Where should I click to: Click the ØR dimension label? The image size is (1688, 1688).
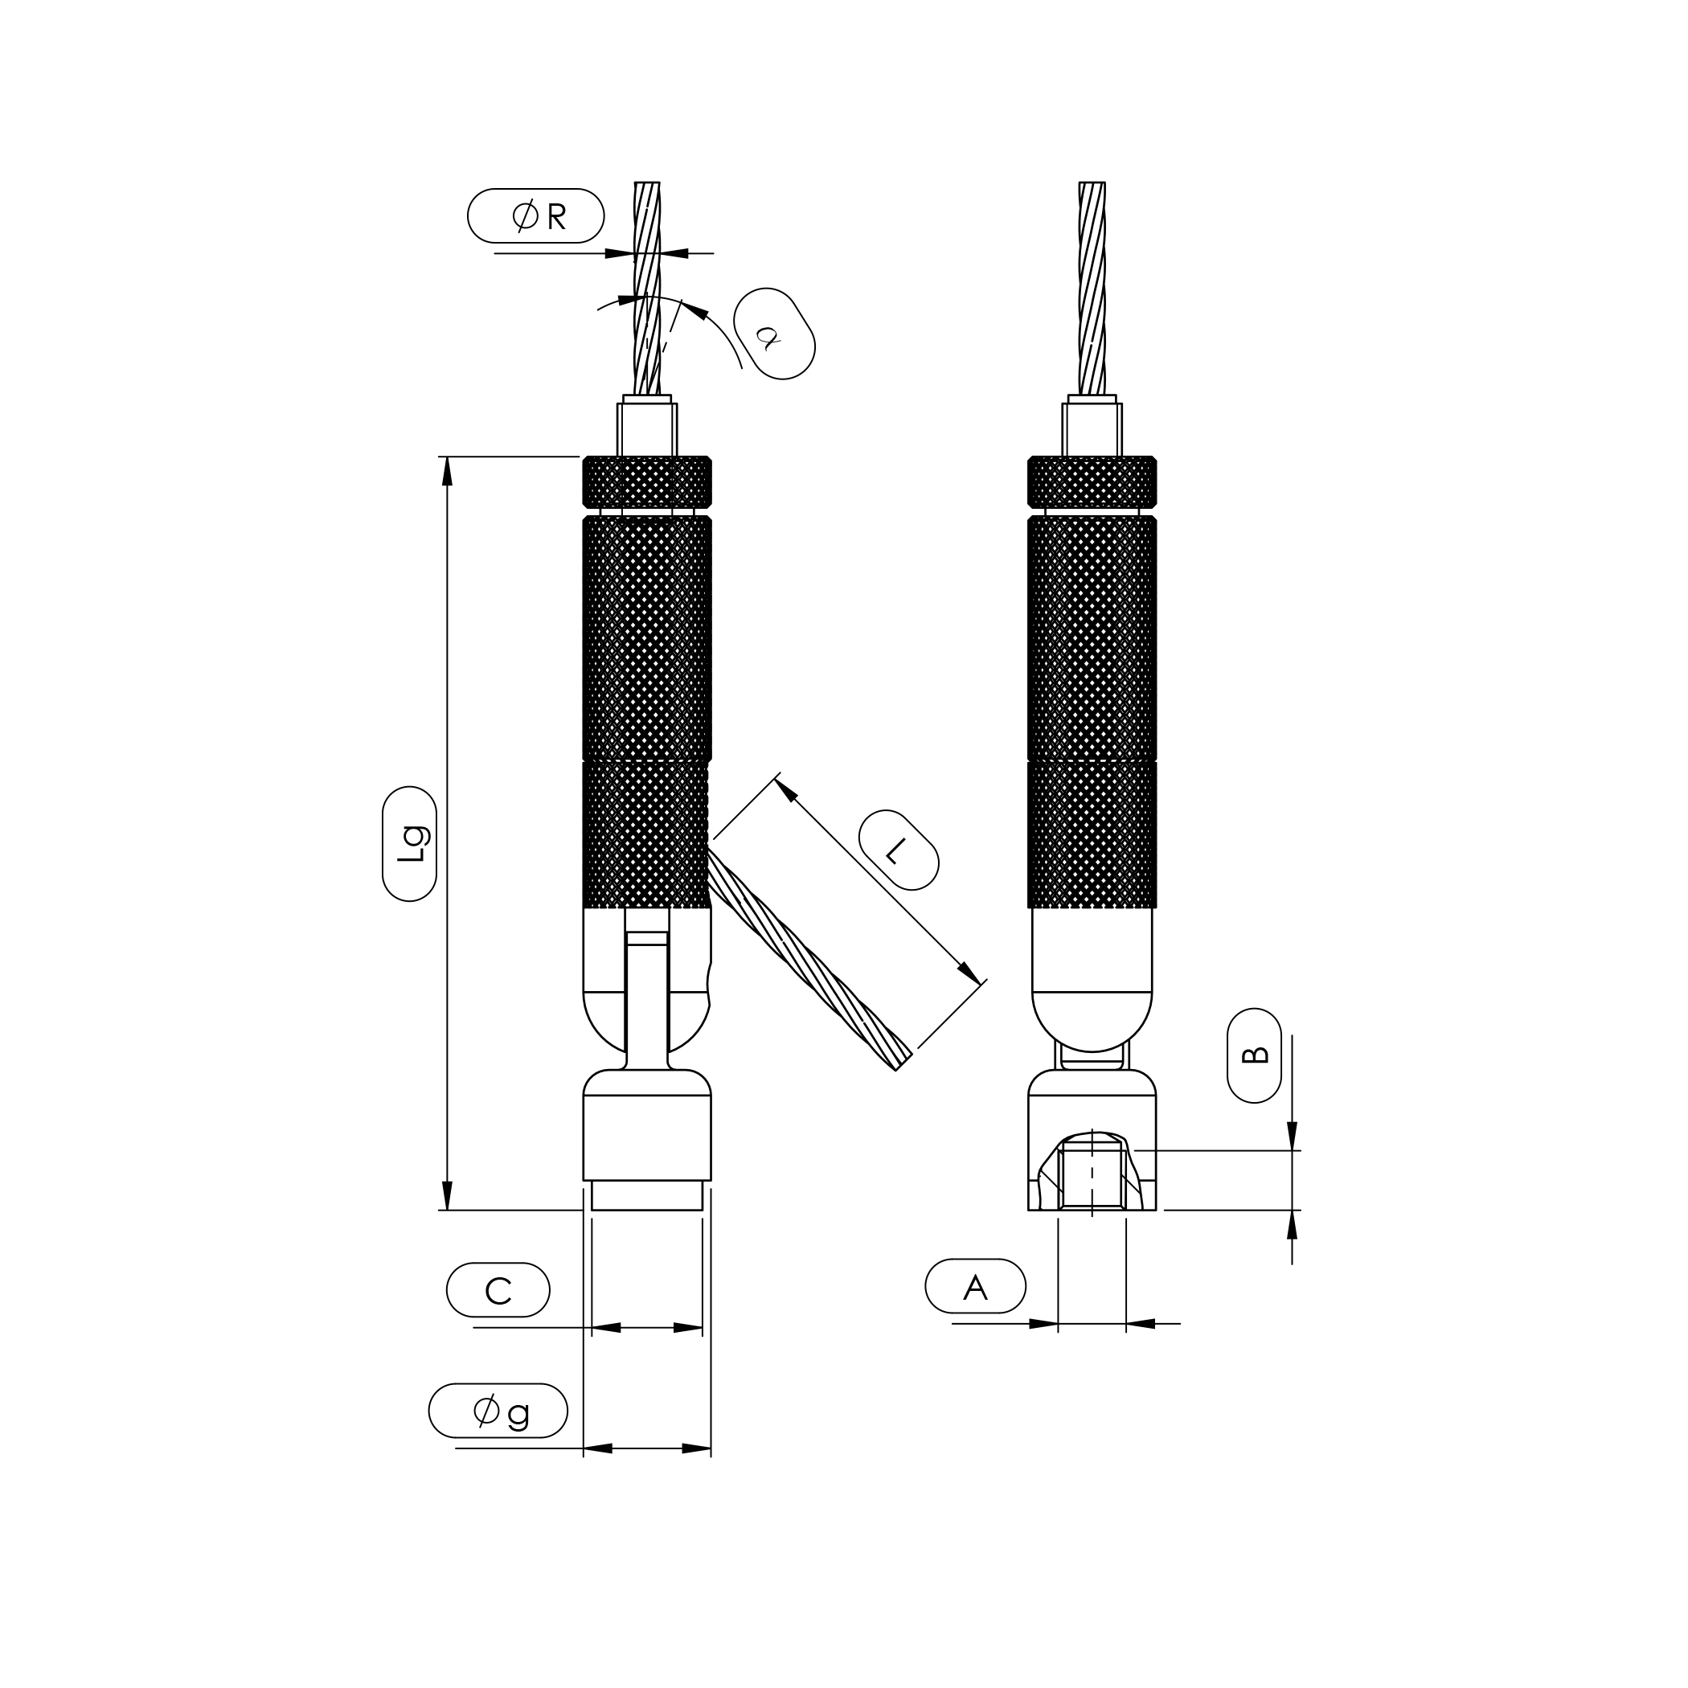click(x=535, y=215)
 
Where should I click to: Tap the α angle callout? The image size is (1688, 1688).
click(x=774, y=334)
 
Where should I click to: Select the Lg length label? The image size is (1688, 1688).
click(x=410, y=843)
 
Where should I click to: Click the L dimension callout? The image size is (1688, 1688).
click(x=898, y=850)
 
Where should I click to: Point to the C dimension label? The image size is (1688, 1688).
click(x=498, y=1289)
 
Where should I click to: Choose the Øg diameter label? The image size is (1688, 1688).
click(x=498, y=1410)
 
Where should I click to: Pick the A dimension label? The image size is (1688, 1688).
click(x=975, y=1286)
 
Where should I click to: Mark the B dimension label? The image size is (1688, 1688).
click(x=1254, y=1055)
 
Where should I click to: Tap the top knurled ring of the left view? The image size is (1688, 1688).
click(x=646, y=481)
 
